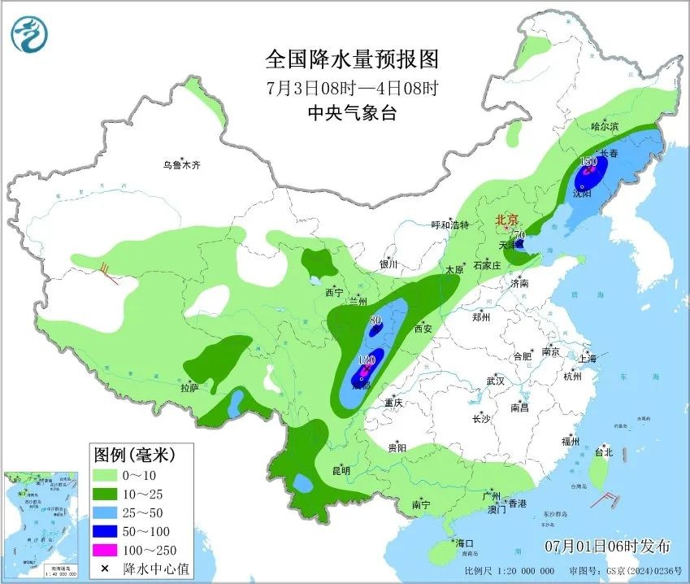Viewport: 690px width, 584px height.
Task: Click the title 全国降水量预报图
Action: pyautogui.click(x=352, y=59)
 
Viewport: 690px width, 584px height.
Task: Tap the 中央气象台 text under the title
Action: pyautogui.click(x=352, y=113)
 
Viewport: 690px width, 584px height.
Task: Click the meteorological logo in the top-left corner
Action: pyautogui.click(x=30, y=34)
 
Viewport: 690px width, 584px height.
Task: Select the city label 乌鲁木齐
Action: pyautogui.click(x=180, y=165)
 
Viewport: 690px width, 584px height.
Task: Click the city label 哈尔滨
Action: pyautogui.click(x=605, y=126)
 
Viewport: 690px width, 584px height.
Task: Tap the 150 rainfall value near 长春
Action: pyautogui.click(x=588, y=162)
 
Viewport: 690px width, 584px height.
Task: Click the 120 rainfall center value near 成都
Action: pyautogui.click(x=367, y=360)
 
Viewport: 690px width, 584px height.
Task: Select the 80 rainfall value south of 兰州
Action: pyautogui.click(x=375, y=320)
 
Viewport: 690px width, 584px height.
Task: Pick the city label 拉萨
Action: pyautogui.click(x=189, y=389)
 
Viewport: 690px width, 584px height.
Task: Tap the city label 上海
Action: pyautogui.click(x=588, y=359)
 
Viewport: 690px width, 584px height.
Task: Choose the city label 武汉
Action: pyautogui.click(x=495, y=381)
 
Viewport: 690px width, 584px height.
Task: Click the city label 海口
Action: pyautogui.click(x=464, y=543)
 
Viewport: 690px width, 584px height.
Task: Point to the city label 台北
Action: pyautogui.click(x=603, y=452)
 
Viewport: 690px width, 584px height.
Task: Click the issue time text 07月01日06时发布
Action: pyautogui.click(x=607, y=544)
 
